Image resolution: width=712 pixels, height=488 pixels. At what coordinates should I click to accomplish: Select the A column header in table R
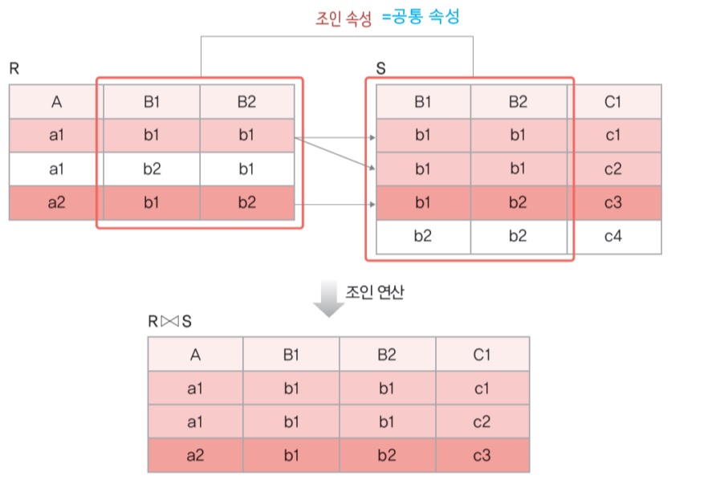click(x=56, y=102)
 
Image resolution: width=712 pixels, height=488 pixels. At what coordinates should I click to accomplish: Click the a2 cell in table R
click(x=56, y=203)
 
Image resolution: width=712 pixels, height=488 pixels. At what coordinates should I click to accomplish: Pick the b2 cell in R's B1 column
click(x=151, y=169)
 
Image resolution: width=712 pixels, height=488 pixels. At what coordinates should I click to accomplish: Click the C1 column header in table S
click(x=614, y=102)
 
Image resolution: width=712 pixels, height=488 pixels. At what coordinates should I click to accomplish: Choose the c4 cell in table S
click(x=614, y=237)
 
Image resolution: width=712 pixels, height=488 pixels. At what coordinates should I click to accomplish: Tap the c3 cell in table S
click(x=614, y=203)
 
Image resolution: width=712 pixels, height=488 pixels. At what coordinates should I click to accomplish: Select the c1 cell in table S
click(x=614, y=136)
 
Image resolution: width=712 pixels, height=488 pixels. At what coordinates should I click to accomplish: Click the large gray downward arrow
click(x=328, y=298)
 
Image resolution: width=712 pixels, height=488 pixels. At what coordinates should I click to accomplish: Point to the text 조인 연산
click(x=375, y=291)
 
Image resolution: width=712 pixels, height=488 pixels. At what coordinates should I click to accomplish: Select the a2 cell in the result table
click(x=195, y=456)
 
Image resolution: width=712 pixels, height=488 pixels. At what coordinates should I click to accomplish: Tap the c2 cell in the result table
click(x=482, y=422)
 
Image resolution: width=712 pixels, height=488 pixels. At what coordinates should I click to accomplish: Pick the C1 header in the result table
click(x=482, y=355)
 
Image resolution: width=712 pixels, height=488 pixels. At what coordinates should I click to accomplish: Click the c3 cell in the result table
click(x=482, y=456)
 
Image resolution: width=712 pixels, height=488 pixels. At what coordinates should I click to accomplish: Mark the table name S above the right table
click(x=381, y=70)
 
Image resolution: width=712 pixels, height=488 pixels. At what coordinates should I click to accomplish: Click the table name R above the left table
click(x=14, y=70)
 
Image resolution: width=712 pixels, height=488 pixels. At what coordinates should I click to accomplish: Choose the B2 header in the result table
click(x=387, y=355)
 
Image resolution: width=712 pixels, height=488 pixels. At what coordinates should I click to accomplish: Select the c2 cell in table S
click(x=614, y=169)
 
